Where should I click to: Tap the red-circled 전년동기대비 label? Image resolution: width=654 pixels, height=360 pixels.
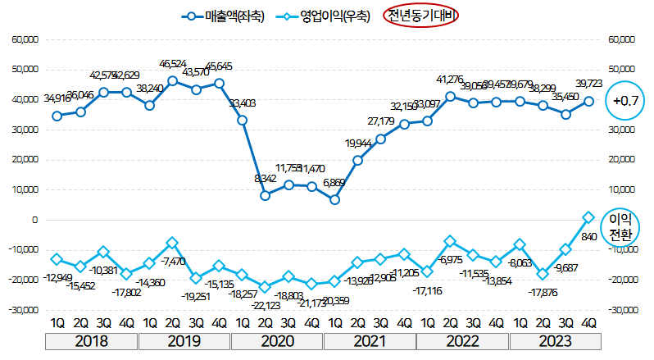click(422, 16)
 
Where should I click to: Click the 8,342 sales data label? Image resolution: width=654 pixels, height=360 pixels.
click(265, 178)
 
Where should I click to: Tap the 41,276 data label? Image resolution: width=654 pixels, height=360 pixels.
click(450, 80)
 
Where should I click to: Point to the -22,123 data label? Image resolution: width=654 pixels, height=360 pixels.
click(265, 305)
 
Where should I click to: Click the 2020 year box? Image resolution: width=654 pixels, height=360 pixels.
click(277, 340)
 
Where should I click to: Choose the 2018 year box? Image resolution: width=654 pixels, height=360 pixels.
click(92, 340)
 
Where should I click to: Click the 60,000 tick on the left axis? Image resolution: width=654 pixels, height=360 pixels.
click(25, 39)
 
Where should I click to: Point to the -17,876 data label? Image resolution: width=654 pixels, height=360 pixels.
click(543, 291)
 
